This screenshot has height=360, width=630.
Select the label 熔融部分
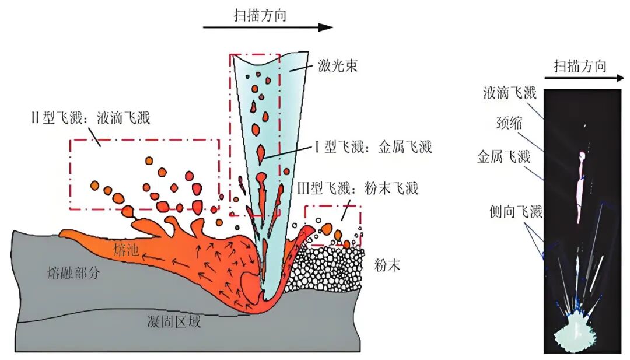point(74,272)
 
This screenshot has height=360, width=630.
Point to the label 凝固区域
point(174,321)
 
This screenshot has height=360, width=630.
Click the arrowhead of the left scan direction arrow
point(326,27)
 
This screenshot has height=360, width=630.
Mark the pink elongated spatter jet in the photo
point(580,187)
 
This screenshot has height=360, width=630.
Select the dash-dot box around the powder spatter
point(332,207)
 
